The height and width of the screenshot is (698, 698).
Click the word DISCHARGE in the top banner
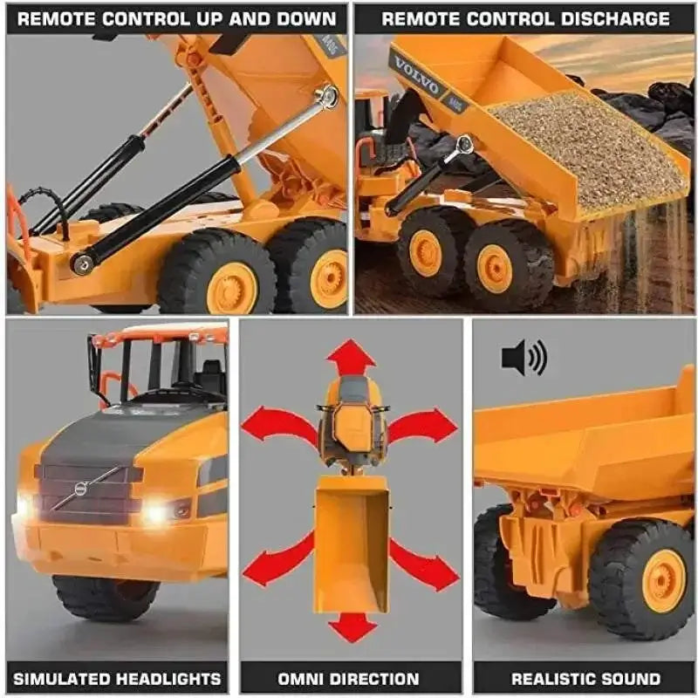pos(615,18)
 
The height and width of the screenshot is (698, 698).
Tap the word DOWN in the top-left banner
pos(306,18)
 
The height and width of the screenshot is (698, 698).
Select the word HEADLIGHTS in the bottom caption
pos(170,679)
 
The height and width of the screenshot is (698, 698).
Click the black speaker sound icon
pos(524,358)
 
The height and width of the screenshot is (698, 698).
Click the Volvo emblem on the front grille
pos(80,489)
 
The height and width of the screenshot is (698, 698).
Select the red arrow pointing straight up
pos(351,358)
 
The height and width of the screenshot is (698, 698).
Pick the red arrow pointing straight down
pos(352,626)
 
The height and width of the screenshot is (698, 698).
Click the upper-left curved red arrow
pos(279,423)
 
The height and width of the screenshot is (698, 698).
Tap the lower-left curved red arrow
pos(278,558)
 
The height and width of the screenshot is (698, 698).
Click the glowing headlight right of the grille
pos(156,512)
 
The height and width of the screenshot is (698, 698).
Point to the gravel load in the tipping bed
pos(586,147)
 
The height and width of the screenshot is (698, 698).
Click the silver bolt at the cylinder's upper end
pos(328,95)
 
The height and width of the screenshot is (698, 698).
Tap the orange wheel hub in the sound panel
pos(663,580)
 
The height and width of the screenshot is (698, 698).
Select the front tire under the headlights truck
pos(106,598)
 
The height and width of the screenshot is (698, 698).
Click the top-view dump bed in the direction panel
pos(352,544)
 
